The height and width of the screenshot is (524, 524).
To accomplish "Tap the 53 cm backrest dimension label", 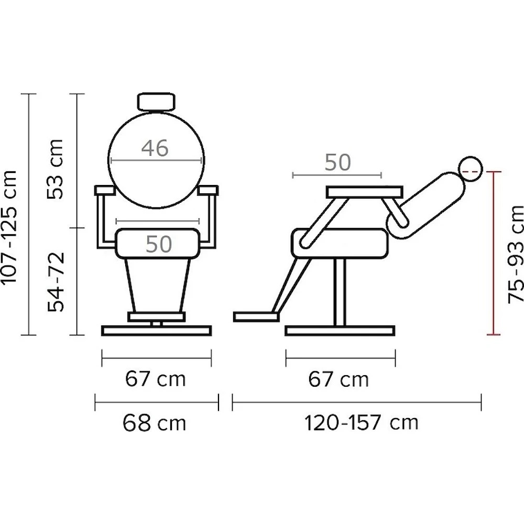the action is tap(55, 169).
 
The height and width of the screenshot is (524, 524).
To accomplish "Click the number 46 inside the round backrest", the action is tap(155, 148).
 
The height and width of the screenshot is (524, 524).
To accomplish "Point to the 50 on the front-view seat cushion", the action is tap(159, 244).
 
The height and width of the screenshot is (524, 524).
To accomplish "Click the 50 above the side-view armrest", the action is tap(338, 162).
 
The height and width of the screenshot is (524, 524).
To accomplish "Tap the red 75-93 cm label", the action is tap(515, 254).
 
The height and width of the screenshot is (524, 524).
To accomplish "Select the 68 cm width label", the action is tap(154, 423).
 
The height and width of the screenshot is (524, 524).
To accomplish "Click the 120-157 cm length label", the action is tap(361, 423).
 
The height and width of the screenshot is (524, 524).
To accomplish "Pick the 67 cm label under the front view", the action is tap(156, 379).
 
